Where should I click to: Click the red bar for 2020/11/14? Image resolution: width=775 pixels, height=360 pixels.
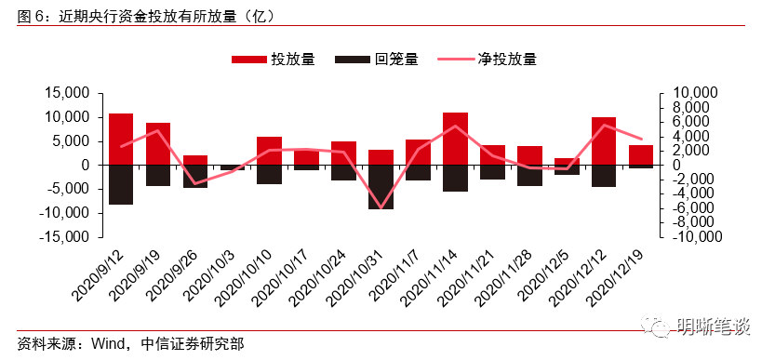[455, 139]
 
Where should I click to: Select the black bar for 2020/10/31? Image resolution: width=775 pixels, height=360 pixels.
[381, 187]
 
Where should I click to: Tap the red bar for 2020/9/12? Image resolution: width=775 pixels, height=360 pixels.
[121, 140]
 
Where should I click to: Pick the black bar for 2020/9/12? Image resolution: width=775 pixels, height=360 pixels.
[121, 184]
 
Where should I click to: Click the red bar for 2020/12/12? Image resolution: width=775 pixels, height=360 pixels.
[604, 141]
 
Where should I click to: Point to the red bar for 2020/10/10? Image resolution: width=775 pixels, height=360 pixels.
[270, 151]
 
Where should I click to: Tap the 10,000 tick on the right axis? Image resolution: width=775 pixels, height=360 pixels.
[689, 93]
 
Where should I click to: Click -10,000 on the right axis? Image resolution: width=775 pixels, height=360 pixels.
[687, 236]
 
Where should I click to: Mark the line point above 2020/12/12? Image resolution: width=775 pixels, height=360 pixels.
[604, 126]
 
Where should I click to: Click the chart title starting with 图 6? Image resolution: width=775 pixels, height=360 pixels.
[149, 15]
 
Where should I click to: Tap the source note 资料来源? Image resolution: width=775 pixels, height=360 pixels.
[130, 343]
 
